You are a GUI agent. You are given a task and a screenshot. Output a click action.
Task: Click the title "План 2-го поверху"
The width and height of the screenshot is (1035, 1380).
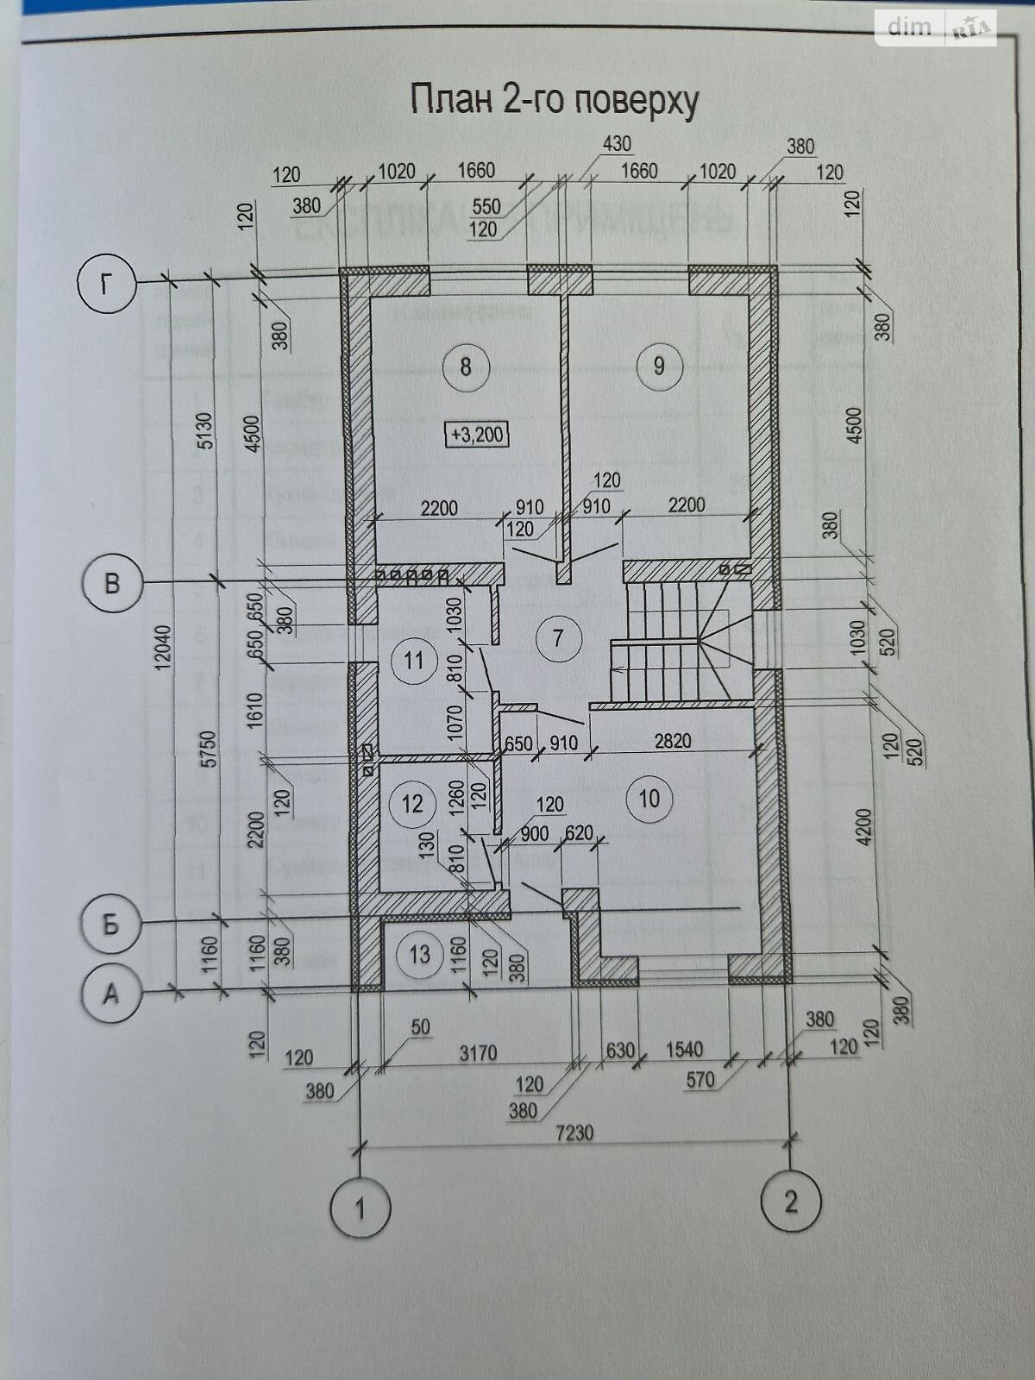(x=554, y=100)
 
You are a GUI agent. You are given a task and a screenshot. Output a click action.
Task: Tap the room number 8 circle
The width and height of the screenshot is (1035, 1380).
(x=466, y=367)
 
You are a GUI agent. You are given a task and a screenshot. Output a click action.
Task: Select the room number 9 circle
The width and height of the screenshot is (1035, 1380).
(x=659, y=366)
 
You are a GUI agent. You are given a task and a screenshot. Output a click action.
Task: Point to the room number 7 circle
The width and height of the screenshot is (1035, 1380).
(x=558, y=638)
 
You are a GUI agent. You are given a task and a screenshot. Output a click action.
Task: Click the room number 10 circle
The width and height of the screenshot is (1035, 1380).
(x=649, y=799)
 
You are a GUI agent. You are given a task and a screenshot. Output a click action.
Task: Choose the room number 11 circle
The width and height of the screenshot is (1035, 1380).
(x=414, y=661)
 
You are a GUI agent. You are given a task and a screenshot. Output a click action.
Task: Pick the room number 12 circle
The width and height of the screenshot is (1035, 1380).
(x=412, y=804)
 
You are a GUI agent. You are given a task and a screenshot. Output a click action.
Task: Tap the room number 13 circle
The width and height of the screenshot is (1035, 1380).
(x=419, y=955)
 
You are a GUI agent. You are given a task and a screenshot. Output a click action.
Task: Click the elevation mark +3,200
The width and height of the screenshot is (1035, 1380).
(x=477, y=434)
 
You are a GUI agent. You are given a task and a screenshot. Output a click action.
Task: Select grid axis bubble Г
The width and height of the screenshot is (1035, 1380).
(x=107, y=283)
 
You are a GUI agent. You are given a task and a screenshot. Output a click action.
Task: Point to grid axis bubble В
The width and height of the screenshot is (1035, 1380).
(x=111, y=583)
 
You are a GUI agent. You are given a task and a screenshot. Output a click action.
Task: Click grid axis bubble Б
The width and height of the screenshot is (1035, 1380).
(x=110, y=925)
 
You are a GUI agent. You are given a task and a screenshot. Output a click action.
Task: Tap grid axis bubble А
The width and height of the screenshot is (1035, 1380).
(x=110, y=994)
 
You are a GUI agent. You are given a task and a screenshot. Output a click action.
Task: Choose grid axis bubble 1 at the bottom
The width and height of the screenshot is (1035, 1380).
(x=361, y=1207)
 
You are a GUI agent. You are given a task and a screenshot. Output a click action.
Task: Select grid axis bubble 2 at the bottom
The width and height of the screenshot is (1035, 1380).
(x=790, y=1201)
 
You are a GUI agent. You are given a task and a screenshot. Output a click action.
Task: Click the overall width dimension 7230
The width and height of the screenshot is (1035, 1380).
(x=574, y=1132)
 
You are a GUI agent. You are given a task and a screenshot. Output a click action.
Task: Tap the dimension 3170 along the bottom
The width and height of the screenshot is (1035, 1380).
(x=478, y=1052)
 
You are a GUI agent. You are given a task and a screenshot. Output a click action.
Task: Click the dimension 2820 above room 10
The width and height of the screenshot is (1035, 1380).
(x=673, y=741)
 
